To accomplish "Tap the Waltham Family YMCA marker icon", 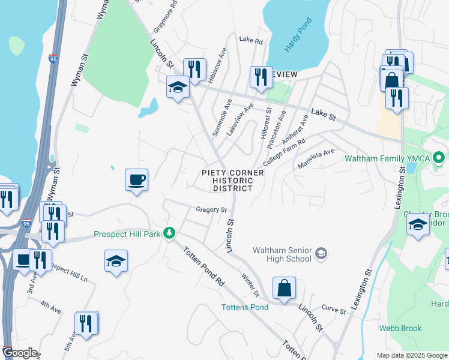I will click(x=438, y=159).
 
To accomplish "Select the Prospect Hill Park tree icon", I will click(x=170, y=233).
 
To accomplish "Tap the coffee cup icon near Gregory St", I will click(x=136, y=179).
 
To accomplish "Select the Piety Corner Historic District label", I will click(x=232, y=180).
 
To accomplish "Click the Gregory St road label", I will click(x=210, y=210).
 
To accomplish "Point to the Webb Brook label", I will click(x=400, y=328).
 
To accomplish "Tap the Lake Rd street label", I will click(x=251, y=41).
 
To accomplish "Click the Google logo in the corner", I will click(x=19, y=353).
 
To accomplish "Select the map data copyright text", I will click(x=412, y=355).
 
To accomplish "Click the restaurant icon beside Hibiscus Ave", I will click(x=194, y=69).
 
